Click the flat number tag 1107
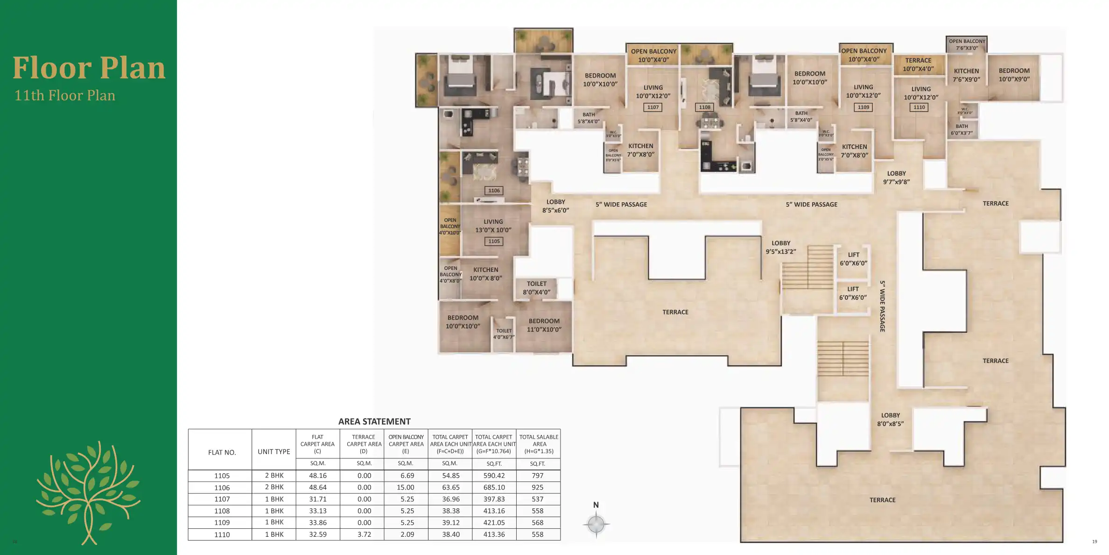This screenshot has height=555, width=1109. point(653,107)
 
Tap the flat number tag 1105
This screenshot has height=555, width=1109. point(494,242)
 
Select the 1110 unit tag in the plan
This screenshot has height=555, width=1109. point(919,107)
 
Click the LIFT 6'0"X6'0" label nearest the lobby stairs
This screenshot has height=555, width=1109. point(853,259)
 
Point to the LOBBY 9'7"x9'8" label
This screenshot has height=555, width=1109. point(896,178)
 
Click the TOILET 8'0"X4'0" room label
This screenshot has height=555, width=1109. point(537,288)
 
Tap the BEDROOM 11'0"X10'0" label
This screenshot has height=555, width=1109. point(544,325)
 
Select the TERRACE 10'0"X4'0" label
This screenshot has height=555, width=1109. point(918,64)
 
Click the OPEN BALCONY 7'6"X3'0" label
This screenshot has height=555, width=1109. point(967,44)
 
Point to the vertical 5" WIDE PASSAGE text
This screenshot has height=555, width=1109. point(882,306)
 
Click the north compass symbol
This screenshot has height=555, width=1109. point(596,524)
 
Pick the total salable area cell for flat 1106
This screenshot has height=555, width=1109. point(538,487)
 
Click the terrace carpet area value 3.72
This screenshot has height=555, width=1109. point(364,534)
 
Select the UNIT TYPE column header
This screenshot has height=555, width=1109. point(274,452)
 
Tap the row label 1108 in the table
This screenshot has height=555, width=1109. point(222,511)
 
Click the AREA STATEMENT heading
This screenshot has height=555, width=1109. point(374,421)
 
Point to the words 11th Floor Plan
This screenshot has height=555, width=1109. point(65,95)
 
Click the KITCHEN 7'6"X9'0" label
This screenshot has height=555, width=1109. point(966,75)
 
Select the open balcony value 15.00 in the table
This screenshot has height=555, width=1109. point(406,487)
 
